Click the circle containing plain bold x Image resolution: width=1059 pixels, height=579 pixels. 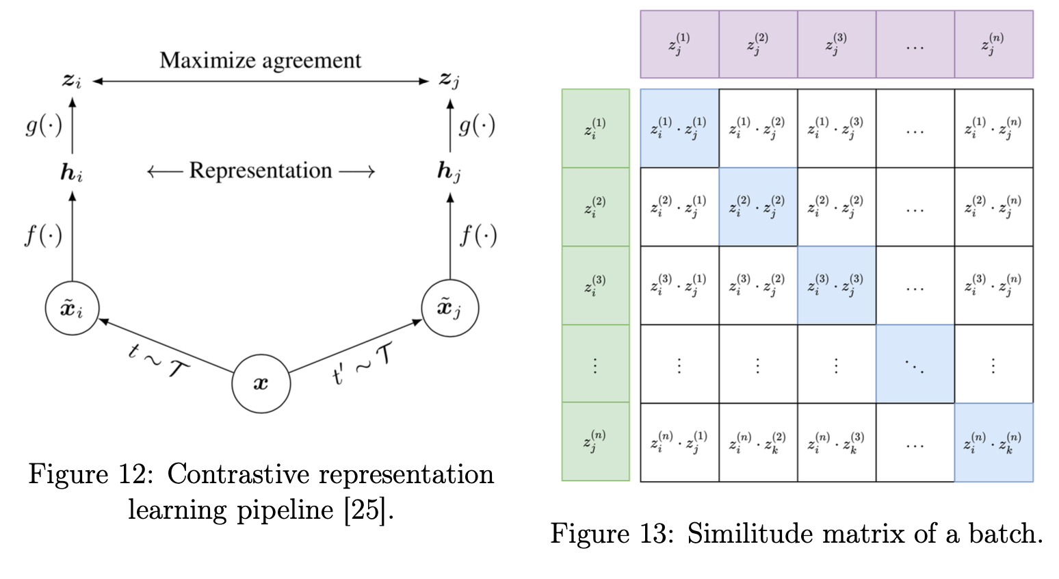coord(261,383)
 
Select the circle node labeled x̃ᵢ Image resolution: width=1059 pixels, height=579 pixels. coord(72,308)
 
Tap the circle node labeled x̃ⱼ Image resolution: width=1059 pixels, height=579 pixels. coord(449,308)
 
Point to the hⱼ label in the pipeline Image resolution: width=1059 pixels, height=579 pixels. coord(449,171)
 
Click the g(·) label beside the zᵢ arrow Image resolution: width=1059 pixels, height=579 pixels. coord(44,125)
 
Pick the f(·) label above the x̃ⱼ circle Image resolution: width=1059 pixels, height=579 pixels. coord(478,235)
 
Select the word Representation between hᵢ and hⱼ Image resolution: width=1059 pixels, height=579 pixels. coord(261,170)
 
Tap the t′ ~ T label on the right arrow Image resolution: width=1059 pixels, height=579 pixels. coord(363,363)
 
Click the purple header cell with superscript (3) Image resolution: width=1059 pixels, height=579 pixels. coord(836,44)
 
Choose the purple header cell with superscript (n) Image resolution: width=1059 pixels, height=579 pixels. coord(993,44)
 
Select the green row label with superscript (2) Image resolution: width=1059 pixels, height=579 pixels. coord(595,207)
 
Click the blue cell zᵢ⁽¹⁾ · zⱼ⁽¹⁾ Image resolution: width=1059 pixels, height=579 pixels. coord(679,128)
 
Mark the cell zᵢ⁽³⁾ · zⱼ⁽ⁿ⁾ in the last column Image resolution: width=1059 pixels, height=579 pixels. coord(993,285)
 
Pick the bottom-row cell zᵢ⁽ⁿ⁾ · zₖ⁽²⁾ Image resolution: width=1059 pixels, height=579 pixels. coord(757,442)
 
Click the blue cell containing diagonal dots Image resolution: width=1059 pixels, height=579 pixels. coord(915,364)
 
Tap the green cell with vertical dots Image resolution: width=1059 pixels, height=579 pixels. coord(595,364)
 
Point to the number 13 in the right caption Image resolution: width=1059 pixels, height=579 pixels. coord(649,534)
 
